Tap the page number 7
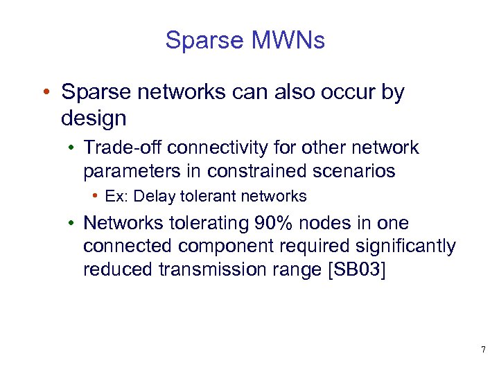pos(483,348)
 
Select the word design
pos(94,118)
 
